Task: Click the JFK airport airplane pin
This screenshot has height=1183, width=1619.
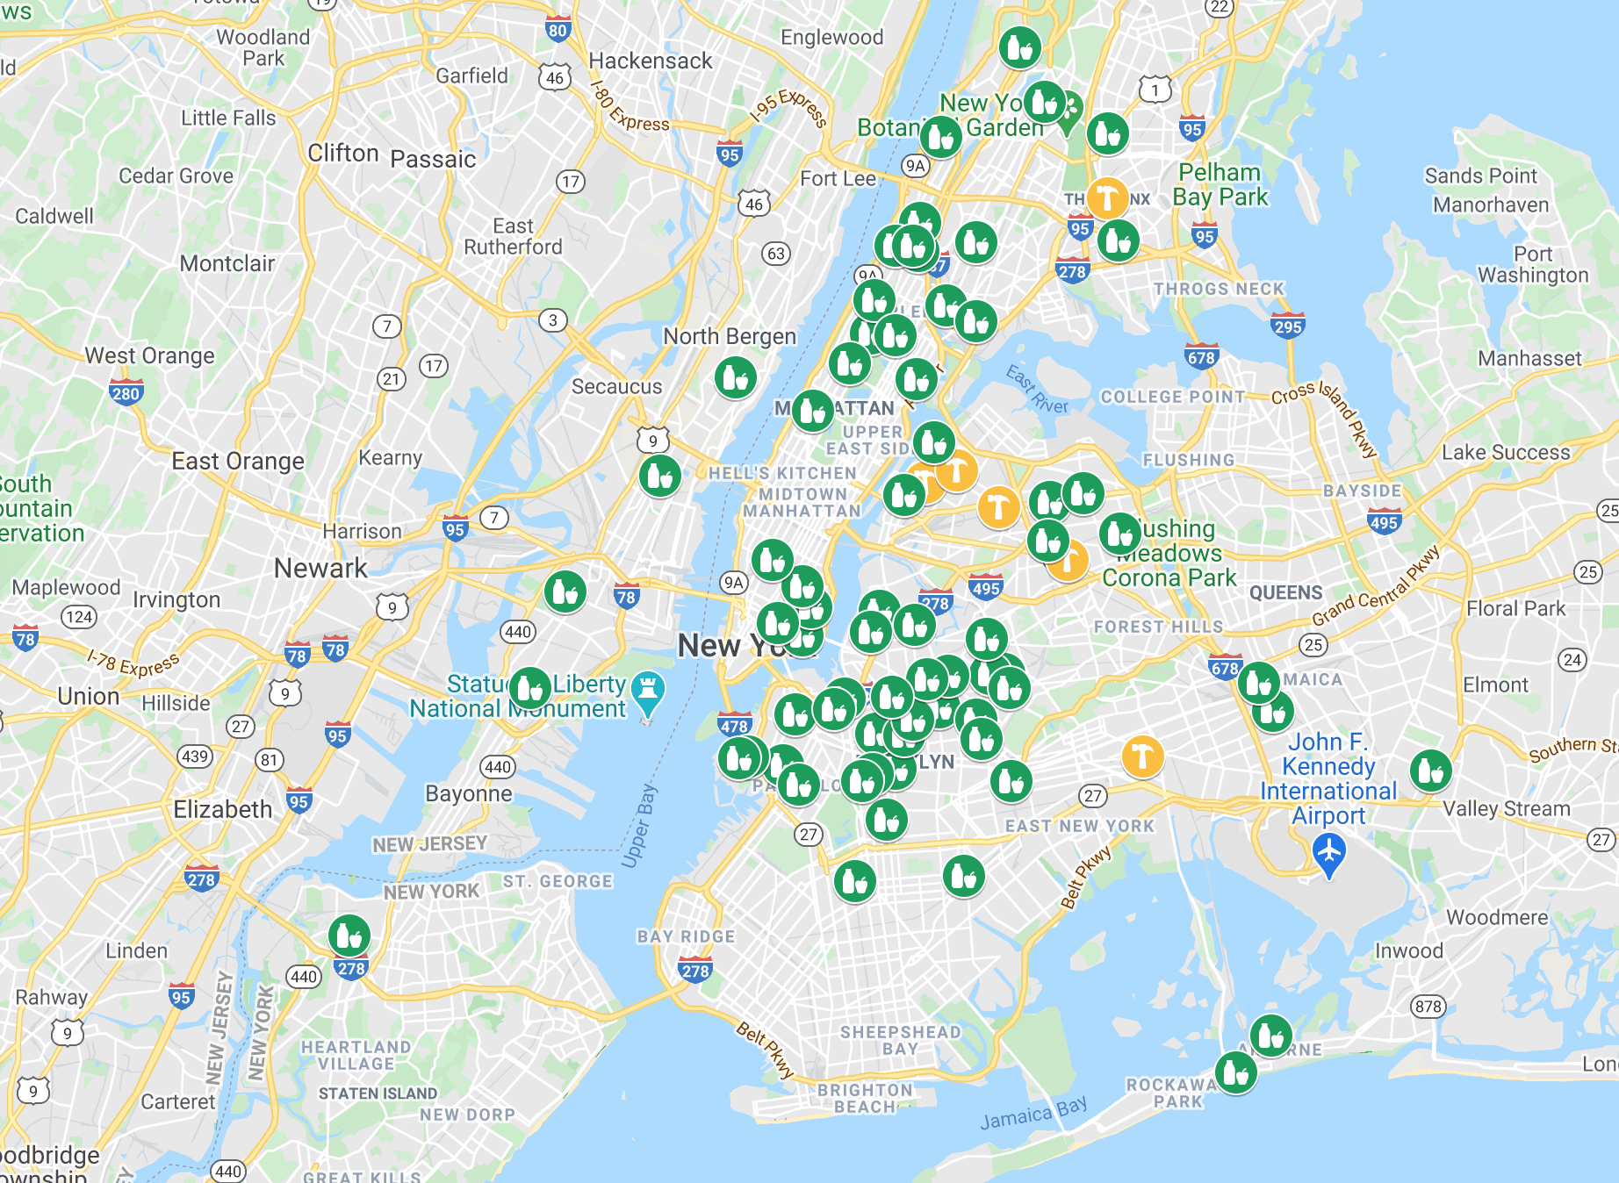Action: click(1329, 852)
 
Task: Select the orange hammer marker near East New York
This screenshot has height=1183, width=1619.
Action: click(1142, 756)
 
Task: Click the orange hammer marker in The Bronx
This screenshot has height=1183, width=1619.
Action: click(1107, 197)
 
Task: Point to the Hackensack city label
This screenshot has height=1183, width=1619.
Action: click(650, 61)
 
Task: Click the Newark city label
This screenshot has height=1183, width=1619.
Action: click(320, 568)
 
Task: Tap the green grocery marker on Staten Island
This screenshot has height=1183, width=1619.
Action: click(349, 936)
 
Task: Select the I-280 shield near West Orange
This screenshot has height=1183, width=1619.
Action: click(126, 393)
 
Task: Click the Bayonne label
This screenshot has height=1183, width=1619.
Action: click(468, 793)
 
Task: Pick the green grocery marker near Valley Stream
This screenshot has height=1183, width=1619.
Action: click(1430, 771)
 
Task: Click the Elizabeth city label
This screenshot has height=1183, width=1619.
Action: click(223, 809)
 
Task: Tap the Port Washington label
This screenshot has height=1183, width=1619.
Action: click(1533, 264)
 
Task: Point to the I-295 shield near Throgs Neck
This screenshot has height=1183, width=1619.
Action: click(1287, 326)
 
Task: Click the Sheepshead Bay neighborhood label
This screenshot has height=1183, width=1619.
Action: click(900, 1040)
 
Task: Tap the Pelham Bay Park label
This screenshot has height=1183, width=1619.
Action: click(1220, 184)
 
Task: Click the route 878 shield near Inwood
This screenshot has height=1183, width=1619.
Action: click(1428, 1007)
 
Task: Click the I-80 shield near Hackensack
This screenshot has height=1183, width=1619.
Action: click(558, 30)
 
